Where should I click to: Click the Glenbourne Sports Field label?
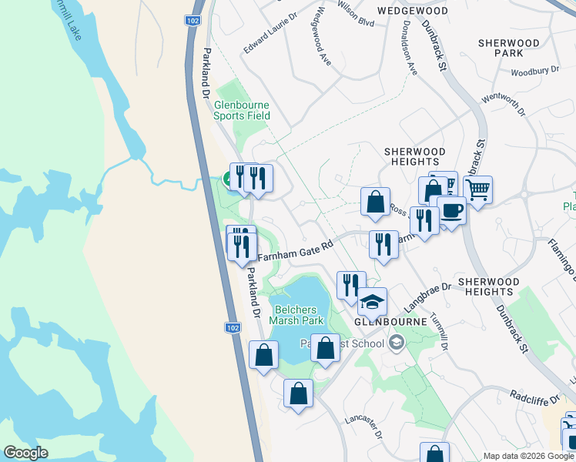[x=242, y=110]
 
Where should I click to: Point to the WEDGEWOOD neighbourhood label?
[x=413, y=12]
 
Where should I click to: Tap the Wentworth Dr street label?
[x=503, y=105]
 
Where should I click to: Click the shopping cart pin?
[x=478, y=189]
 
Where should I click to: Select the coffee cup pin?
[x=451, y=210]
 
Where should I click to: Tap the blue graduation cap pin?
[x=373, y=301]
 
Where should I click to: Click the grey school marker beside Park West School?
[x=397, y=343]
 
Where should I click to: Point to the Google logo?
[x=25, y=452]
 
